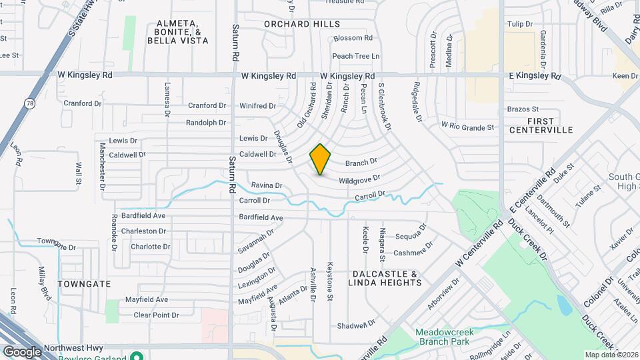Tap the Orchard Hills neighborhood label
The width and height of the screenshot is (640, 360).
click(x=297, y=24)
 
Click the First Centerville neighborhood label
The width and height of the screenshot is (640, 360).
click(x=541, y=125)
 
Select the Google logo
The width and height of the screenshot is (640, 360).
click(x=22, y=351)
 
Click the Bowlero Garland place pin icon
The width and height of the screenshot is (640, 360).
click(x=136, y=355)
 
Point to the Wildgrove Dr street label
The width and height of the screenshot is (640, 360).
click(x=359, y=179)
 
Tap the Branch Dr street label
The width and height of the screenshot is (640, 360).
click(x=361, y=161)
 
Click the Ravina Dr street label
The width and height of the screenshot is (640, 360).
click(x=267, y=185)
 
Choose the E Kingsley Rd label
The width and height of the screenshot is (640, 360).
click(x=534, y=76)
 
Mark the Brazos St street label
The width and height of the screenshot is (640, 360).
click(x=523, y=109)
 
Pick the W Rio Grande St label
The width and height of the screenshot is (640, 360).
click(x=468, y=126)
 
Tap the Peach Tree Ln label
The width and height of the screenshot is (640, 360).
click(x=355, y=56)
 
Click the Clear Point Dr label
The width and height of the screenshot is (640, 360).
click(x=156, y=315)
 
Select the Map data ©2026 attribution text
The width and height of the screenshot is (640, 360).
click(x=610, y=355)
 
